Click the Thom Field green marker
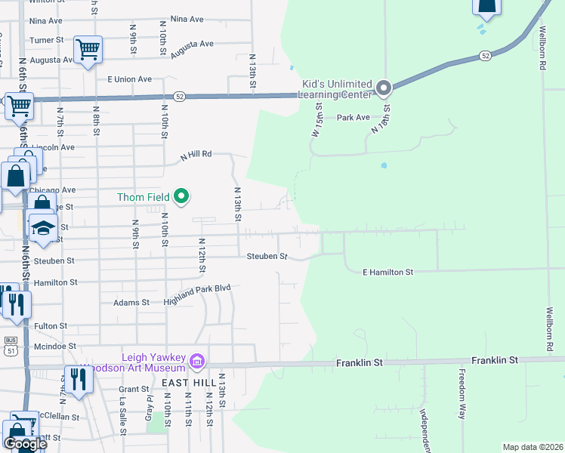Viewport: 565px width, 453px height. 181,197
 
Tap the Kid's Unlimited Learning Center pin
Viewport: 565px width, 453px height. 383,89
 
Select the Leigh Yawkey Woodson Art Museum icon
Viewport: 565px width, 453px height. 198,362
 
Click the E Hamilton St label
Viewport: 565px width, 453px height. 388,272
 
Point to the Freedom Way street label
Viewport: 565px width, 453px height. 462,393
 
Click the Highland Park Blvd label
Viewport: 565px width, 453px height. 197,295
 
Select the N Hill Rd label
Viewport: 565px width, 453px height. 195,156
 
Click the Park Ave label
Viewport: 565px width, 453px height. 353,118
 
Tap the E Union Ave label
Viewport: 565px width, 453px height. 130,79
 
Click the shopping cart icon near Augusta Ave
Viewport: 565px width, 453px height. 88,51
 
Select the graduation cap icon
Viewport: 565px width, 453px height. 43,227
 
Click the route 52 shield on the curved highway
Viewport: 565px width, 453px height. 485,55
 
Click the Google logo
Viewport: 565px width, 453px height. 24,443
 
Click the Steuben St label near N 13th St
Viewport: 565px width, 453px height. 267,257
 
